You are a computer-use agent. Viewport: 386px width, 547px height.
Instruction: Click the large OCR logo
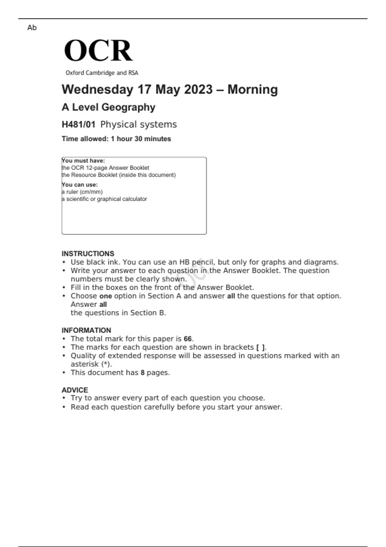[98, 51]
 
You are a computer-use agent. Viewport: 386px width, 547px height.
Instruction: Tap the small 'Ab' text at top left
[32, 28]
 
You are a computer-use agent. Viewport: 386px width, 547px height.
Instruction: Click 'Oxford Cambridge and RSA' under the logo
[102, 73]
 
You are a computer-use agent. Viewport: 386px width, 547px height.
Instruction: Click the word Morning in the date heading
[253, 89]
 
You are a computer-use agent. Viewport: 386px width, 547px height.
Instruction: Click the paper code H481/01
[78, 125]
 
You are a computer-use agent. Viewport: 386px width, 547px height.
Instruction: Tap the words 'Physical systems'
[138, 125]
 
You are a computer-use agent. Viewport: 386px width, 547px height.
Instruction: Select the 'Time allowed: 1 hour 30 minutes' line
[116, 139]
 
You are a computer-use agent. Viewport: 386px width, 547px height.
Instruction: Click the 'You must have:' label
[83, 161]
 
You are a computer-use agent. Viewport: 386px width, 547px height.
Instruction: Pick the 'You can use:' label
[80, 185]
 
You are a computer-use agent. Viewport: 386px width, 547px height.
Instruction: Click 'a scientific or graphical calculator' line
[104, 199]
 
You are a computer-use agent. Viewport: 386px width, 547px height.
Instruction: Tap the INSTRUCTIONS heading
[88, 254]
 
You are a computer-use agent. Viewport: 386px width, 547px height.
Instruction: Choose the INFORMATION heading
[86, 330]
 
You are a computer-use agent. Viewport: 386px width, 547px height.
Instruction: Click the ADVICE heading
[75, 390]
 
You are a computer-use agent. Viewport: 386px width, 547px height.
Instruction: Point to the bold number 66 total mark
[188, 339]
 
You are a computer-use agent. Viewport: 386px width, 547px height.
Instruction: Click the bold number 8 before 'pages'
[142, 373]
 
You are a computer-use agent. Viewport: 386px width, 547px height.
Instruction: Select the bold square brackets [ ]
[260, 348]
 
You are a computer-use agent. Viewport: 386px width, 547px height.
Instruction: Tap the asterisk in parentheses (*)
[106, 364]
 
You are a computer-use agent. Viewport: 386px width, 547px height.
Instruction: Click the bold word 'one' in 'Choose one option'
[106, 296]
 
